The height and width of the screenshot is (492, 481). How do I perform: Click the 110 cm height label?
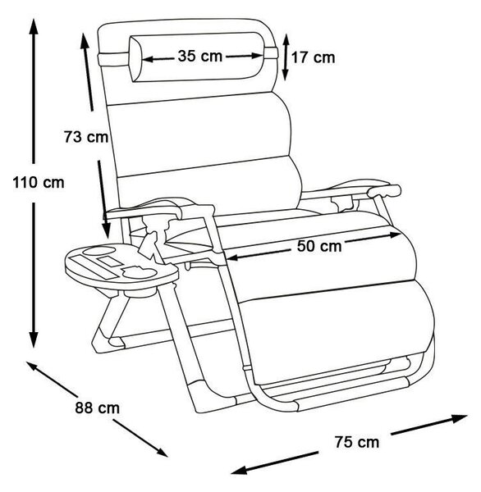pyautogui.click(x=39, y=182)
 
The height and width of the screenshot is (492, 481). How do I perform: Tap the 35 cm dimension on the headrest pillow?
pyautogui.click(x=200, y=56)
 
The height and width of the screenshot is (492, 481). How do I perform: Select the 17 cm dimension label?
pyautogui.click(x=314, y=57)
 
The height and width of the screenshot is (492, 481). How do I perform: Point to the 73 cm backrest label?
pyautogui.click(x=86, y=137)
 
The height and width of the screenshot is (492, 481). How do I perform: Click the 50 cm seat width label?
pyautogui.click(x=319, y=246)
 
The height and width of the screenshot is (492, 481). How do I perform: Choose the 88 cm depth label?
pyautogui.click(x=98, y=408)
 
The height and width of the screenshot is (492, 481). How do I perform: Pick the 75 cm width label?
pyautogui.click(x=356, y=442)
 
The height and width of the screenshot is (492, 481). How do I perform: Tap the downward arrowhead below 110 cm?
pyautogui.click(x=34, y=339)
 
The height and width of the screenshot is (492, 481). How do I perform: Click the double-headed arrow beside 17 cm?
pyautogui.click(x=286, y=57)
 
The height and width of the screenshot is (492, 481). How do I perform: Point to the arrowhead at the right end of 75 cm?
pyautogui.click(x=459, y=418)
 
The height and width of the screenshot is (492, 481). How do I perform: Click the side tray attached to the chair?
pyautogui.click(x=121, y=266)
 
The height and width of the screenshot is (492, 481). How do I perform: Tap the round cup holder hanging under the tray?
pyautogui.click(x=140, y=293)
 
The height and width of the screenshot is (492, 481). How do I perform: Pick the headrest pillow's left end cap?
pyautogui.click(x=135, y=59)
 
